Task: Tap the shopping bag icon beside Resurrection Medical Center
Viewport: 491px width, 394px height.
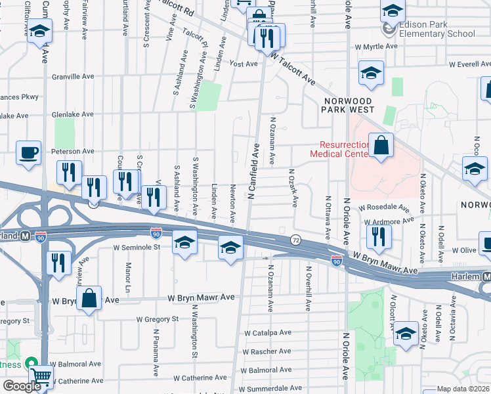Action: coord(381,145)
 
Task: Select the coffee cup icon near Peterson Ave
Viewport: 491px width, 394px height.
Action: coord(28,152)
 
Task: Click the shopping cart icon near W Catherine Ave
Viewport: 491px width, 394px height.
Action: coord(42,376)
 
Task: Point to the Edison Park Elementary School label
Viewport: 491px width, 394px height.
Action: coord(436,29)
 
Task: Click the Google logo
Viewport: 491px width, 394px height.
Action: coord(22,386)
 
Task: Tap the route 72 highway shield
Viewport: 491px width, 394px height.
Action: coord(295,240)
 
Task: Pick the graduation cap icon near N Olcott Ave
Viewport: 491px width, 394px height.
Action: coord(406,335)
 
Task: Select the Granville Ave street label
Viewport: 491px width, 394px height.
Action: coord(74,76)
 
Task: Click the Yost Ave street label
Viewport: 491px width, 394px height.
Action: coord(244,64)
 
